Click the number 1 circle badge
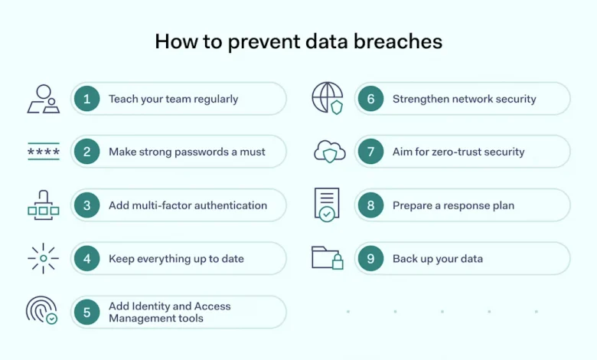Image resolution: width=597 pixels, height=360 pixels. (x=87, y=99)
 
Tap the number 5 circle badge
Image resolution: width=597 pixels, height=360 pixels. (x=87, y=312)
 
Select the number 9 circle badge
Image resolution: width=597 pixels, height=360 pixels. (x=370, y=259)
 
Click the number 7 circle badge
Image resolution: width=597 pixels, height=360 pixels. (x=370, y=152)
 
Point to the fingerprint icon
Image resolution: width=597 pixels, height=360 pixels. (x=41, y=310)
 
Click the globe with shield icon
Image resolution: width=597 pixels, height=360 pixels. (x=327, y=98)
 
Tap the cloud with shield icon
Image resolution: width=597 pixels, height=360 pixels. (x=329, y=152)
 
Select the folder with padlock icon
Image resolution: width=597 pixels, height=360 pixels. (x=328, y=257)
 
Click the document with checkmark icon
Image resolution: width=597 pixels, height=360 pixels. (x=327, y=205)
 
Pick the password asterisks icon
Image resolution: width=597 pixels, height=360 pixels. (x=43, y=152)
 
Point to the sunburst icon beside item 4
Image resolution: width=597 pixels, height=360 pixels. (x=43, y=258)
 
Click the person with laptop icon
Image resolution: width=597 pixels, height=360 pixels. (x=43, y=99)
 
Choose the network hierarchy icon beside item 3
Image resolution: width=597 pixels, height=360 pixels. (x=43, y=205)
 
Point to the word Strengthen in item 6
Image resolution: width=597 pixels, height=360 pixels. (x=420, y=99)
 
